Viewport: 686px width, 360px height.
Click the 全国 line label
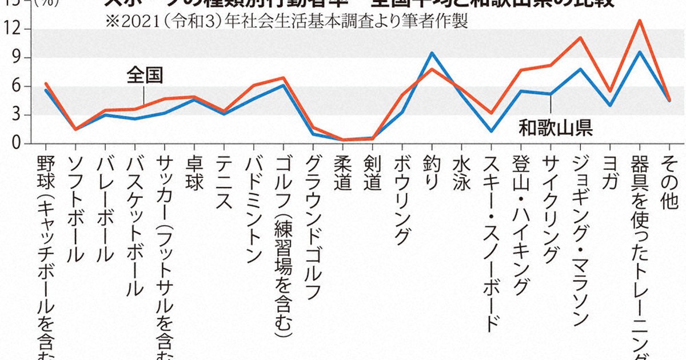[145, 74]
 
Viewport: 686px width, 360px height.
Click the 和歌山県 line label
[555, 127]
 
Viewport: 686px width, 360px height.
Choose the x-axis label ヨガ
[609, 171]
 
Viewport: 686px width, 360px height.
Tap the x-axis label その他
[669, 181]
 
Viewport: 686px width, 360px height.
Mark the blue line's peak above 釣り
[432, 53]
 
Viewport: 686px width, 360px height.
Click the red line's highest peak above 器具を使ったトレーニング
[639, 21]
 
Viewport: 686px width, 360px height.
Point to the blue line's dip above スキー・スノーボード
[490, 131]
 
